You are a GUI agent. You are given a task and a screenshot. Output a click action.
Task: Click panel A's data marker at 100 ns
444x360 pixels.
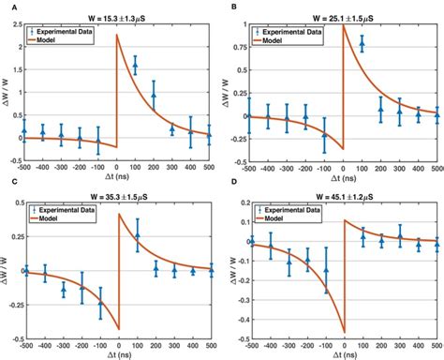(136, 65)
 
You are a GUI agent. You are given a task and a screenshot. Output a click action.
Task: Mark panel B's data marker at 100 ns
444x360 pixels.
(362, 44)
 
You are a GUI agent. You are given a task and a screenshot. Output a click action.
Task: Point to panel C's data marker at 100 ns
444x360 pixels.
(137, 234)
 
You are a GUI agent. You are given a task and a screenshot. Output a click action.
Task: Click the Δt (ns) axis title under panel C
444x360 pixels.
(119, 352)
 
